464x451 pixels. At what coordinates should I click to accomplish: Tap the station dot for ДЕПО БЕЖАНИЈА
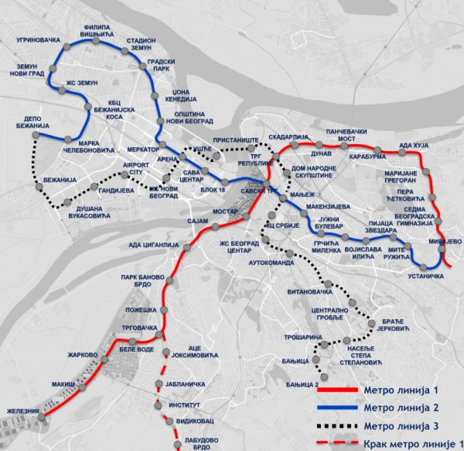(x=36, y=135)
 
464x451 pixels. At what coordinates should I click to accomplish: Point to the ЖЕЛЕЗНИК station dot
(x=41, y=417)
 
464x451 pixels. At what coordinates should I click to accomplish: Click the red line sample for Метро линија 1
(x=337, y=390)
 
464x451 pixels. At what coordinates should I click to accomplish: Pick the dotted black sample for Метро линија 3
(x=337, y=426)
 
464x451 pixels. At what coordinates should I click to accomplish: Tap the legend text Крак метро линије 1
(x=412, y=443)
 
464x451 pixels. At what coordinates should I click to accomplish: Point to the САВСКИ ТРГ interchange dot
(x=267, y=183)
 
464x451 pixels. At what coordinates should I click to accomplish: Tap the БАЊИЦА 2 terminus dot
(x=324, y=376)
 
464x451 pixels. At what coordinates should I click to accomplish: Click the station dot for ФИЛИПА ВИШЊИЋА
(x=96, y=41)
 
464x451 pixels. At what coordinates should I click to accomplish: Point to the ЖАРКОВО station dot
(x=104, y=359)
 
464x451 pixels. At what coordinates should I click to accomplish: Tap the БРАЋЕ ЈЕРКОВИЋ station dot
(x=372, y=324)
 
